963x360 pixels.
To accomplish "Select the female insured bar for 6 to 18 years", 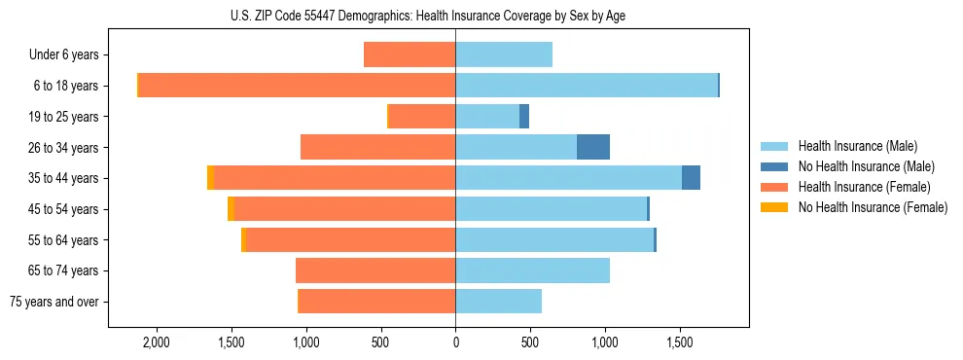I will point(297,86).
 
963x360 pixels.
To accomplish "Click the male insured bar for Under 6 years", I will point(504,55).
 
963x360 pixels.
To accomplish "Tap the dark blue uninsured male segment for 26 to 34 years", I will point(593,147).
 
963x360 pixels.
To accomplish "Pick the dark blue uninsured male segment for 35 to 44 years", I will point(691,178).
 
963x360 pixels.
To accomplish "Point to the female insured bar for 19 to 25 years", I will point(422,117).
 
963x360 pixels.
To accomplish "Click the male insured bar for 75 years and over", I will point(498,302).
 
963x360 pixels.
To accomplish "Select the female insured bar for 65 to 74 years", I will point(375,270).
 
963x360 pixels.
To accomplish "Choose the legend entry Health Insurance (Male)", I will point(857,146).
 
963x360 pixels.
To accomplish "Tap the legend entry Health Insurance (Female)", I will point(864,187).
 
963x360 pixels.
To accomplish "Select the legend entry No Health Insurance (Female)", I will point(873,207).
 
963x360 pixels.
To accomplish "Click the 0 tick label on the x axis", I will point(455,342).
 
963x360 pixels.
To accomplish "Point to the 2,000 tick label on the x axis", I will point(157,342).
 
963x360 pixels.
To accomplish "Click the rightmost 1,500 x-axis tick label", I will point(680,342).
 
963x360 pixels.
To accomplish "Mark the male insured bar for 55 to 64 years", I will point(554,240).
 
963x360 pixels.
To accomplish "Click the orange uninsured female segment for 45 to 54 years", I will point(231,209).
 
